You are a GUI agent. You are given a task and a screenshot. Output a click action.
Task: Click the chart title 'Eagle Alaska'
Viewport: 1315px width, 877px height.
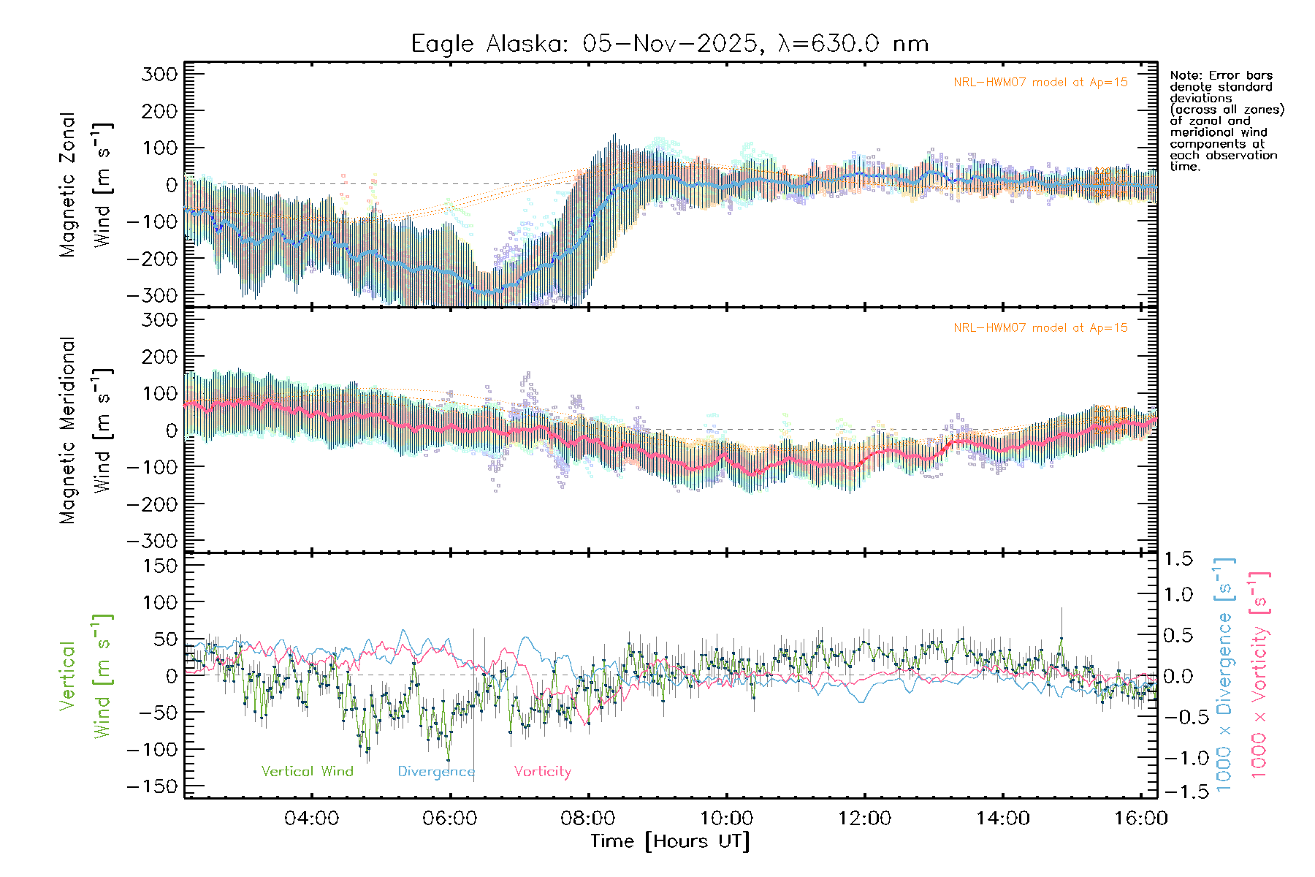pyautogui.click(x=488, y=44)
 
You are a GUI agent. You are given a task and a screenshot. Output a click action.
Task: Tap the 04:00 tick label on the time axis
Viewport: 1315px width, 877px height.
pyautogui.click(x=311, y=819)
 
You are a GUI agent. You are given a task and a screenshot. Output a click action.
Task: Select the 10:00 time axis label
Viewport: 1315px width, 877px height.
pyautogui.click(x=726, y=819)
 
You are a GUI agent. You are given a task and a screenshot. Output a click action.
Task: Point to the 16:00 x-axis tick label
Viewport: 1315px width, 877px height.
pyautogui.click(x=1140, y=819)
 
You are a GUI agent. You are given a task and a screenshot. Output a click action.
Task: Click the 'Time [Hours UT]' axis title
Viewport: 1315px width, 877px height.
pyautogui.click(x=670, y=842)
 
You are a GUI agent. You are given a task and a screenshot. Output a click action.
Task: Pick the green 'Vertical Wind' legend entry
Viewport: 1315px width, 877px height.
pyautogui.click(x=307, y=772)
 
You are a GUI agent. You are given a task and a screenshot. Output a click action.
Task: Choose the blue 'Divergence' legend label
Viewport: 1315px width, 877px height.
pyautogui.click(x=436, y=772)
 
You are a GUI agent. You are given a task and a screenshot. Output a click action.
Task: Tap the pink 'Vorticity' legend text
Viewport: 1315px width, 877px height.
pyautogui.click(x=542, y=772)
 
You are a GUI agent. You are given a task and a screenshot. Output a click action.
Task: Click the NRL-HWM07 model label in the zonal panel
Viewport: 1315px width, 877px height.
pyautogui.click(x=1040, y=83)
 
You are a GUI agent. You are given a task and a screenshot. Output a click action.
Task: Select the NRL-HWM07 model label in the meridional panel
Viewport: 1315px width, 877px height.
pyautogui.click(x=1040, y=328)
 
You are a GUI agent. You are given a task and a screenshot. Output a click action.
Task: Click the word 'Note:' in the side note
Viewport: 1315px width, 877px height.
pyautogui.click(x=1185, y=75)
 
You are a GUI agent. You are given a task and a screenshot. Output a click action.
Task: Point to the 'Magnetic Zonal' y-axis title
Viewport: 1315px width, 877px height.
pyautogui.click(x=67, y=185)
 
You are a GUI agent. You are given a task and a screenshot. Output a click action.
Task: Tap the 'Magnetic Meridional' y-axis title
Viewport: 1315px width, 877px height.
pyautogui.click(x=67, y=430)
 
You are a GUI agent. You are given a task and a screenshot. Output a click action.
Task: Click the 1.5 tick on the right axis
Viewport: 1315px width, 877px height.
pyautogui.click(x=1178, y=559)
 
